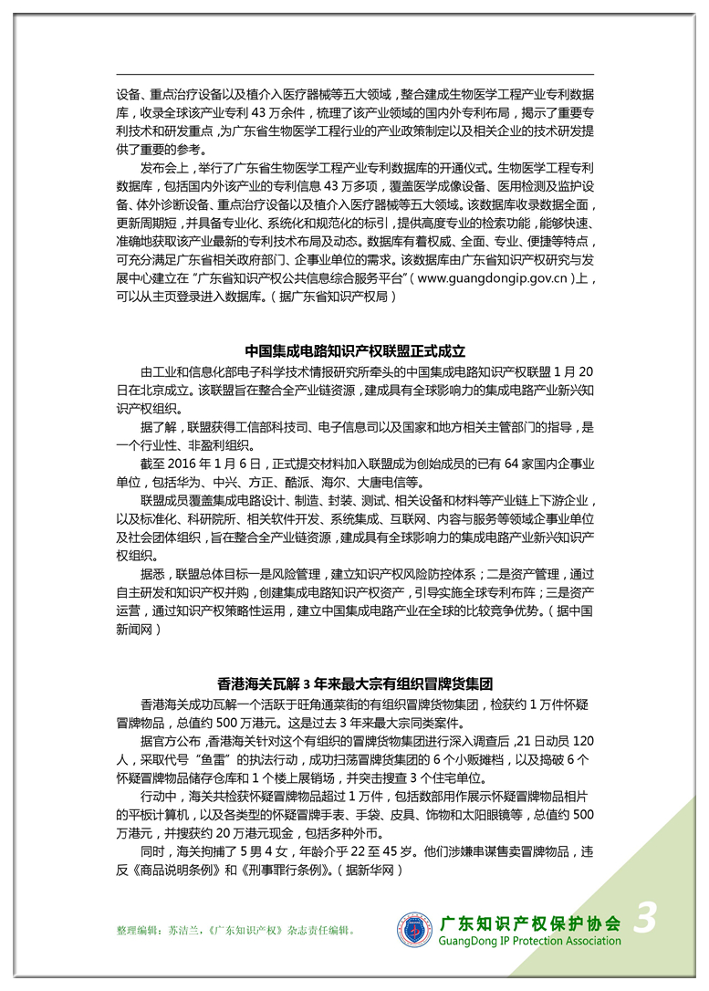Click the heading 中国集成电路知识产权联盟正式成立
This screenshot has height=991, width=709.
(x=355, y=351)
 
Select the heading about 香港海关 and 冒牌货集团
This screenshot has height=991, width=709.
(x=355, y=683)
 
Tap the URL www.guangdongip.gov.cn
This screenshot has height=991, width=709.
(x=494, y=278)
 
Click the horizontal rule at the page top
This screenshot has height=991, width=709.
(x=355, y=74)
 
